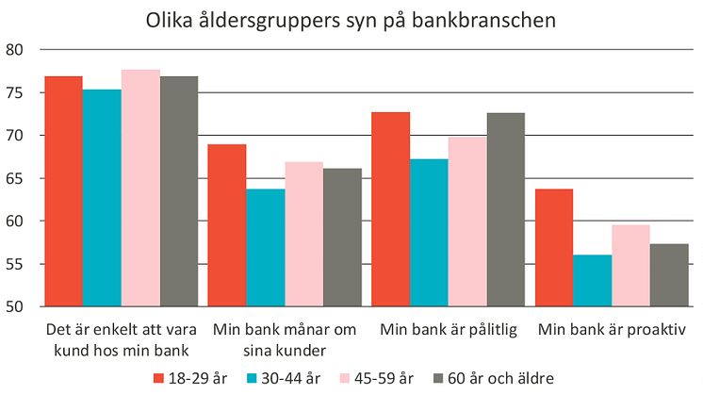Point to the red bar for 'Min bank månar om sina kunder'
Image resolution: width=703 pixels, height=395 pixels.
click(x=227, y=225)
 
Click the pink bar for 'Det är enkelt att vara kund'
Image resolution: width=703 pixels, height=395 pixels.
click(x=140, y=189)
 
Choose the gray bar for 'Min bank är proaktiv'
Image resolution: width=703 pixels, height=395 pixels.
click(x=670, y=275)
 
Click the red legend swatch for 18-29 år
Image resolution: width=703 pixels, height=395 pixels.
click(x=159, y=378)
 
